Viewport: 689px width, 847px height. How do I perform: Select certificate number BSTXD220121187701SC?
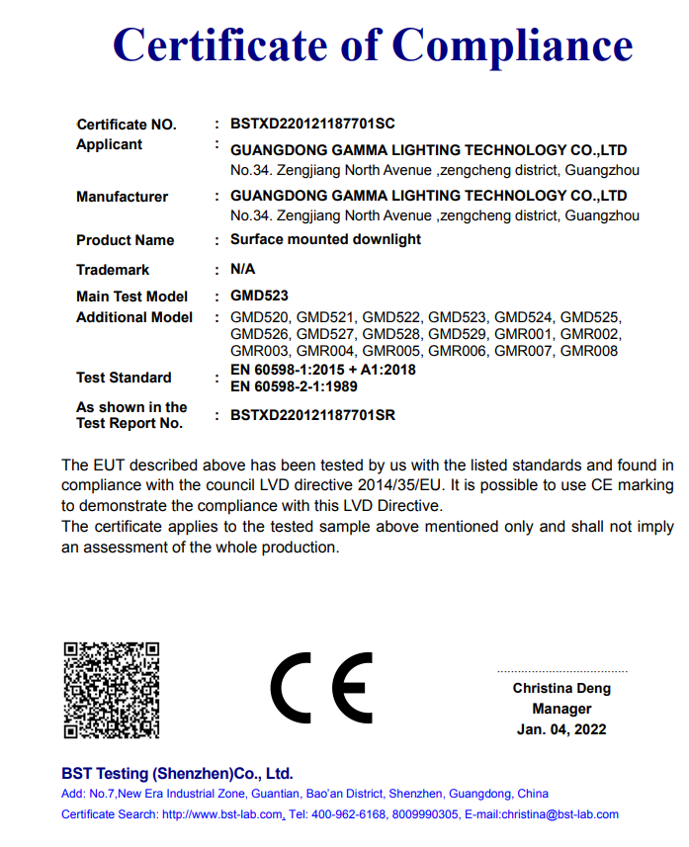312,125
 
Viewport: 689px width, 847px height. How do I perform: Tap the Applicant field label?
109,144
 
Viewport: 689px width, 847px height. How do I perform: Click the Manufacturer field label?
122,197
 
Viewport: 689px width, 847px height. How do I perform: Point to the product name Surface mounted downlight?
325,239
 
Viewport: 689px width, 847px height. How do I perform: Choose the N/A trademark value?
243,269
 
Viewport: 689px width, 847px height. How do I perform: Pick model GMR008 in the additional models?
589,351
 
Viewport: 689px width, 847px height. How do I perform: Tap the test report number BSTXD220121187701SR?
312,415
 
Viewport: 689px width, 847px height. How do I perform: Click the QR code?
112,689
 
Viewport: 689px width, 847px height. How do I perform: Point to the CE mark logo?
321,687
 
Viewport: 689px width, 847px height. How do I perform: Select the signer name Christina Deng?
561,688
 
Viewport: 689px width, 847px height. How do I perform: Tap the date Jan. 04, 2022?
561,729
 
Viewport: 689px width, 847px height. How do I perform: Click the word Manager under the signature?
561,709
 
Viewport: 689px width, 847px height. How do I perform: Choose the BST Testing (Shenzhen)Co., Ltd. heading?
177,773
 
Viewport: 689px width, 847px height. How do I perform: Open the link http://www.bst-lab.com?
223,814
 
